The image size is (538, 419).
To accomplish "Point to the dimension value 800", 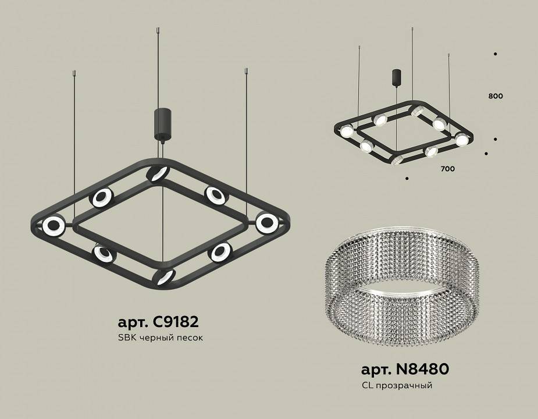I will point(496,96).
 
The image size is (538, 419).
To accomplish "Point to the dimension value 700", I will point(447,169).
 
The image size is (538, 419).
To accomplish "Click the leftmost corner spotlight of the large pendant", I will point(53,225).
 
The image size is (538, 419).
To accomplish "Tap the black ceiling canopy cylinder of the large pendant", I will point(161,123).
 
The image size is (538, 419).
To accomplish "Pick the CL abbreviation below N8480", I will point(367,385).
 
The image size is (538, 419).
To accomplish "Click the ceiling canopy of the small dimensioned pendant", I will point(396,77).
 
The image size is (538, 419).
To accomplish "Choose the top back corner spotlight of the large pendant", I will point(156,173).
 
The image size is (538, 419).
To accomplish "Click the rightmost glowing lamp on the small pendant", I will point(461,139).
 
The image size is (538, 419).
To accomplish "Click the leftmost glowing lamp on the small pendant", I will point(346,132).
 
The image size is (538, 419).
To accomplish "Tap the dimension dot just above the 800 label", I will point(495,54).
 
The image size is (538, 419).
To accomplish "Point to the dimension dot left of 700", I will point(407,178).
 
